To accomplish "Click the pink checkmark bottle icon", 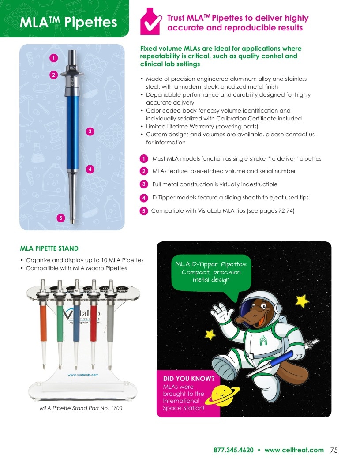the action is tap(150, 22).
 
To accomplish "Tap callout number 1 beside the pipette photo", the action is tap(53, 58).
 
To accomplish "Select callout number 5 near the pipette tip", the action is tap(61, 218).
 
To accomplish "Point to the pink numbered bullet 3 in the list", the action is tap(144, 184).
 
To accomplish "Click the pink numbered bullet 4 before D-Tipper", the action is tap(144, 198).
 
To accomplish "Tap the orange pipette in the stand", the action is tap(43, 324).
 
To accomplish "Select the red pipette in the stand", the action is tap(93, 324).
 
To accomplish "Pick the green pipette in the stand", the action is tap(60, 324).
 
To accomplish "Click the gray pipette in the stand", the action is tap(110, 324).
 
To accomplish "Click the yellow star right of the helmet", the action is tap(302, 301).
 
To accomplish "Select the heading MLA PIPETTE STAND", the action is tap(49, 248).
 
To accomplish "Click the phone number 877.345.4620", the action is tap(233, 450).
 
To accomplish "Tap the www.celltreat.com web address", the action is tap(294, 450).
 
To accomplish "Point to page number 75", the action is tap(334, 450).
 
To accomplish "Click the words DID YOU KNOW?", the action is tap(189, 379).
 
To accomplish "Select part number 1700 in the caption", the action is tap(116, 408).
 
